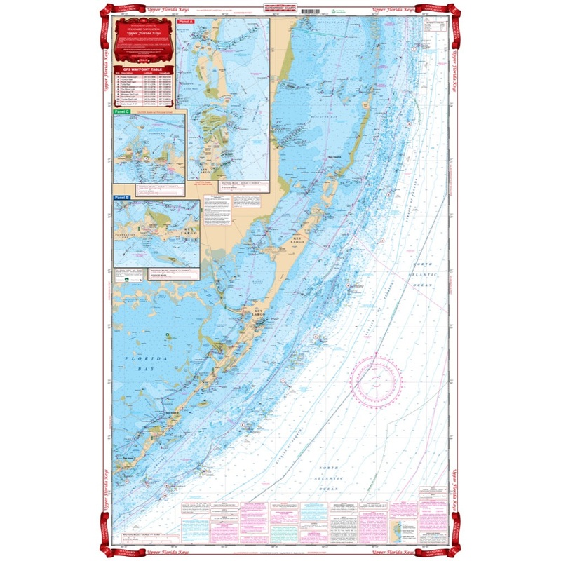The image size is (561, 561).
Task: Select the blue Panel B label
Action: click(121, 198)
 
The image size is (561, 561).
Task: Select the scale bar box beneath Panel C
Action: click(147, 188)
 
